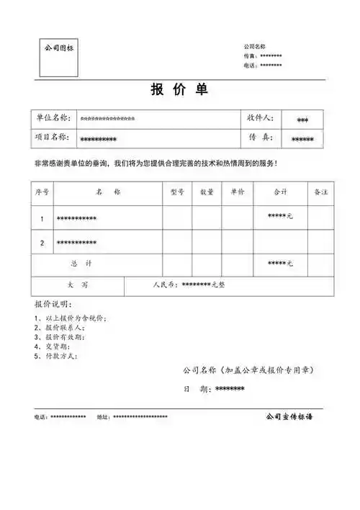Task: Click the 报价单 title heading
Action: pyautogui.click(x=180, y=90)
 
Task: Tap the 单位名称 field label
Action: pyautogui.click(x=52, y=118)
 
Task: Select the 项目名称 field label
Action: pyautogui.click(x=52, y=137)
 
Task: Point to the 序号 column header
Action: pyautogui.click(x=42, y=193)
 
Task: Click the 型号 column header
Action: pyautogui.click(x=177, y=193)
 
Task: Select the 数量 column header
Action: pyautogui.click(x=207, y=193)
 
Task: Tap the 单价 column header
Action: pyautogui.click(x=238, y=193)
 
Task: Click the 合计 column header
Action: pyautogui.click(x=281, y=193)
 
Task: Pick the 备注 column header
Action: pyautogui.click(x=321, y=193)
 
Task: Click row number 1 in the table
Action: pyautogui.click(x=42, y=218)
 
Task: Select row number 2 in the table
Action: pyautogui.click(x=42, y=243)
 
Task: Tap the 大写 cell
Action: pyautogui.click(x=78, y=285)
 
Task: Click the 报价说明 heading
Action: pyautogui.click(x=53, y=304)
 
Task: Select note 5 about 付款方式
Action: pyautogui.click(x=55, y=355)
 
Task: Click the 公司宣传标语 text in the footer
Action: pyautogui.click(x=292, y=416)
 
